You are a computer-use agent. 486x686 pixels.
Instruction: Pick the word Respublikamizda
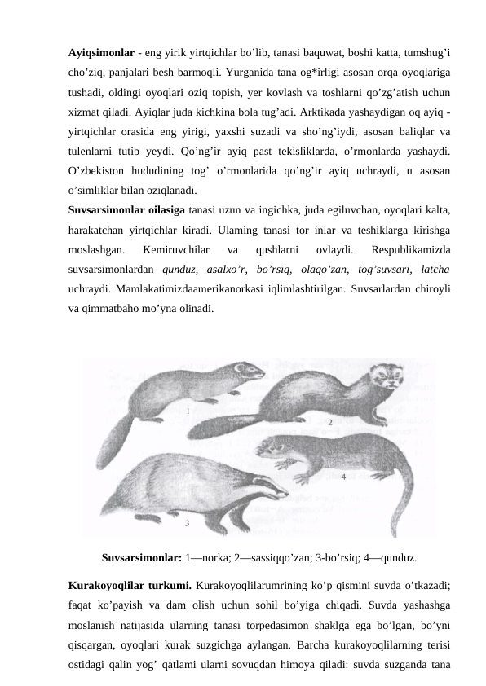click(x=413, y=250)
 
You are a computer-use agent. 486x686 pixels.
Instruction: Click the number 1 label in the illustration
click(x=188, y=411)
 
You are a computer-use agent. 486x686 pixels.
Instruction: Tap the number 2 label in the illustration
click(x=330, y=423)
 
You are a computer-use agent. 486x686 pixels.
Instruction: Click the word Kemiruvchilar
click(x=177, y=250)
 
